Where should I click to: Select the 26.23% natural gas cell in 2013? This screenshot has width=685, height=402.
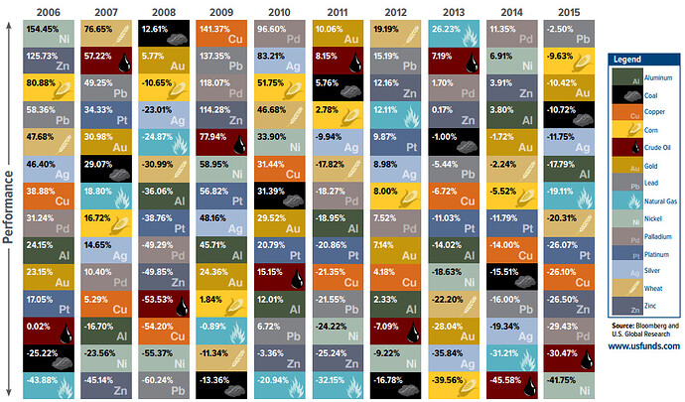pos(454,32)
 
